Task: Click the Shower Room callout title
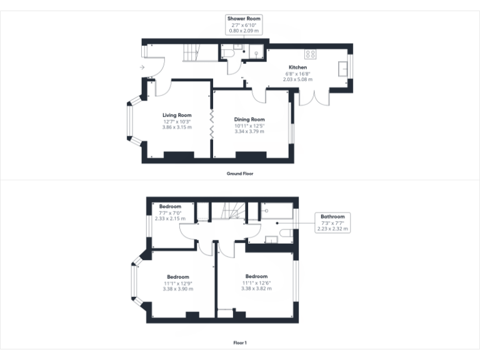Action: [x=245, y=19]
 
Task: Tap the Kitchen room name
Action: [x=297, y=67]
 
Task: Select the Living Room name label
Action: [x=177, y=115]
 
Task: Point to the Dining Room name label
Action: [x=249, y=119]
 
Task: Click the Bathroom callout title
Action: [x=332, y=217]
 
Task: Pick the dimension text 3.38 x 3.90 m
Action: [x=177, y=289]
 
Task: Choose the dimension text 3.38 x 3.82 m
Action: [x=256, y=289]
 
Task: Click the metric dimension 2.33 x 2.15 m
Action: [x=170, y=219]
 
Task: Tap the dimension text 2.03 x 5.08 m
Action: [x=297, y=79]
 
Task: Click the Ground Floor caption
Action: [x=240, y=173]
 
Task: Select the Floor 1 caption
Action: [x=240, y=342]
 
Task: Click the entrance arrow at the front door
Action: [x=142, y=67]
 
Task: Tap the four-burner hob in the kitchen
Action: [x=311, y=53]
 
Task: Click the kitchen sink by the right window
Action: [x=343, y=68]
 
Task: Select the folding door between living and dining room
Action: [x=212, y=124]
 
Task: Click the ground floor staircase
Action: [x=190, y=54]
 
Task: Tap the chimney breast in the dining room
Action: [x=251, y=155]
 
